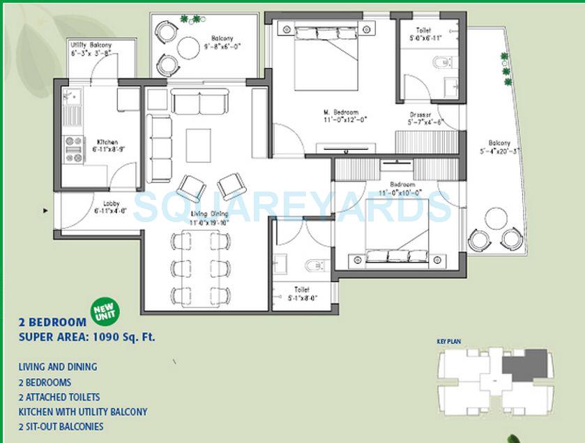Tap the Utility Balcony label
coord(91,45)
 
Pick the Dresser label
coord(420,114)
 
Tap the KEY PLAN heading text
coord(450,341)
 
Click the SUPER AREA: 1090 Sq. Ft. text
coord(86,337)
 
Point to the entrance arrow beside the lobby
coord(46,210)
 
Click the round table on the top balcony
coord(188,48)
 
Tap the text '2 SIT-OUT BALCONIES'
coord(61,426)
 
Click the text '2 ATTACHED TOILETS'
coord(60,397)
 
